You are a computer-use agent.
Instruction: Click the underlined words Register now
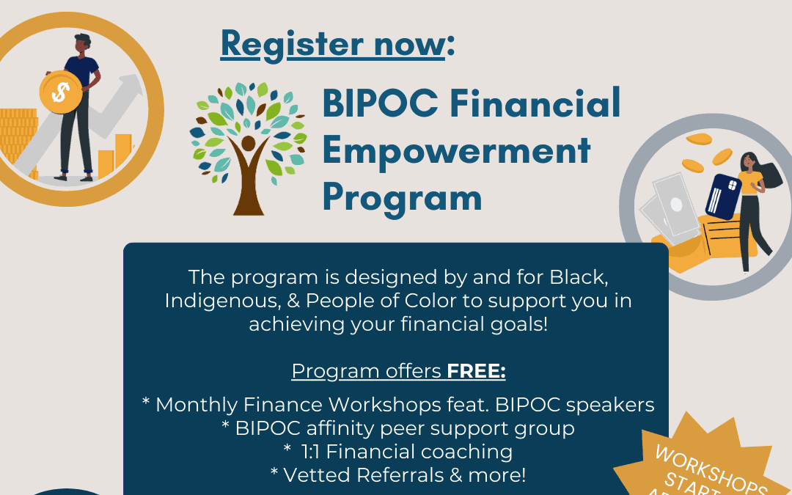332,44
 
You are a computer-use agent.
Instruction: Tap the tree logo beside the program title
248,147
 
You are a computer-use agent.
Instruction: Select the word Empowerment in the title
456,150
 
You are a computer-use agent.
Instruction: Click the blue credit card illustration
721,196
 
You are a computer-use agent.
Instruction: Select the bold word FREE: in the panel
477,372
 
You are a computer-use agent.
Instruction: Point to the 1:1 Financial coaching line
398,452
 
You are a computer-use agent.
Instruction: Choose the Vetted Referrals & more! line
398,475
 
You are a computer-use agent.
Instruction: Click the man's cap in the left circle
82,38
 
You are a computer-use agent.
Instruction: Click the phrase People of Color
389,301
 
